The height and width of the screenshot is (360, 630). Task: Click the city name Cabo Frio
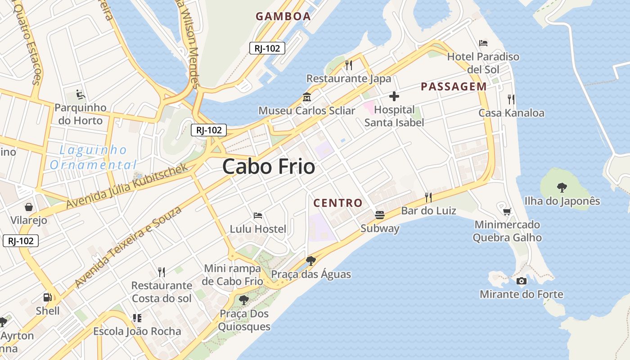tap(269, 166)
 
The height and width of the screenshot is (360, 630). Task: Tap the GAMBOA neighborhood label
tap(283, 17)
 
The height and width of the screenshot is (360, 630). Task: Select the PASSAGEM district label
tap(454, 87)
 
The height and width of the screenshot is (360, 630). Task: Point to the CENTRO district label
tap(337, 203)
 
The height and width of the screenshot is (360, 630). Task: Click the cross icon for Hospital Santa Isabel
tap(394, 96)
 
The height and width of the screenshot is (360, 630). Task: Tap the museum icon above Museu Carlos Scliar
tap(307, 97)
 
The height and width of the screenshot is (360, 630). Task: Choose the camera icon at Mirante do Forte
tap(521, 281)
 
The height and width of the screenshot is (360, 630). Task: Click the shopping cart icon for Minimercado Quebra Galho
tap(507, 211)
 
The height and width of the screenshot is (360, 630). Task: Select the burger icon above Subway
tap(380, 215)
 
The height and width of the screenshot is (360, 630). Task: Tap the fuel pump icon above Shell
tap(47, 297)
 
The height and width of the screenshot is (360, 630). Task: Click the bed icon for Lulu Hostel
tap(258, 216)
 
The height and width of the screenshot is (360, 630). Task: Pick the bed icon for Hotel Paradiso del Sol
tap(483, 43)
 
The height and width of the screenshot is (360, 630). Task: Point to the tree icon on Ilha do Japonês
tap(562, 187)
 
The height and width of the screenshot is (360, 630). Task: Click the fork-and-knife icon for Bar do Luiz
tap(428, 197)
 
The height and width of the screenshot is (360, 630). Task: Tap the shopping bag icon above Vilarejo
tap(29, 207)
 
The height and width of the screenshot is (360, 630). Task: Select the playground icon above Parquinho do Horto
tap(81, 94)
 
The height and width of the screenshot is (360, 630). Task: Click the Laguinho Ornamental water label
tap(94, 157)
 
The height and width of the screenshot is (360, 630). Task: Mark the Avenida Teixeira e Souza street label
tap(128, 247)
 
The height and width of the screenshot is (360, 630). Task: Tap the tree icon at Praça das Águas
tap(310, 261)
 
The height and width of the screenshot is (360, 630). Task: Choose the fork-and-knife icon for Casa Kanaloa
tap(511, 99)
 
